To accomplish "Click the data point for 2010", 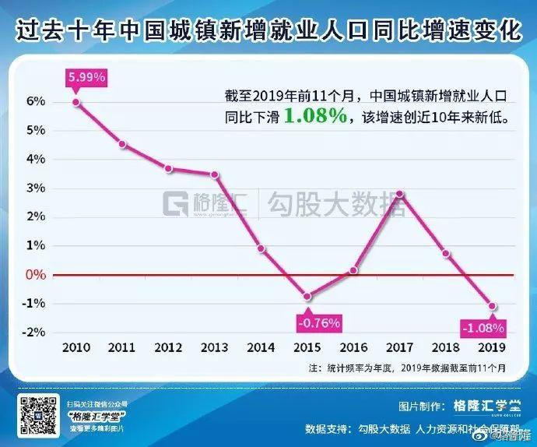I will (76, 102).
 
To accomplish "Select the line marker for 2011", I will (122, 144).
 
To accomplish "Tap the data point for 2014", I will (261, 248).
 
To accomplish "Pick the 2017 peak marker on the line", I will (399, 193).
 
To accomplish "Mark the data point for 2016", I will (353, 270).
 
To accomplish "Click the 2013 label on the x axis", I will (215, 347).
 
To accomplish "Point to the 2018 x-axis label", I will (445, 347).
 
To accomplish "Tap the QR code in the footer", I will (38, 414).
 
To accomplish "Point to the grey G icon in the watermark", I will (175, 204).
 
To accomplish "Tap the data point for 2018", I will (445, 253).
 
